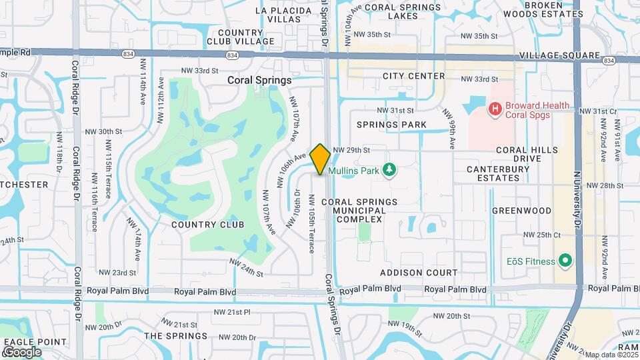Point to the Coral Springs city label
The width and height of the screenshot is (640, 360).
(x=260, y=80)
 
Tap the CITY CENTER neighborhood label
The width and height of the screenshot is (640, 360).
(x=413, y=76)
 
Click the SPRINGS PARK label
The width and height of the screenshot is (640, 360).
(x=391, y=125)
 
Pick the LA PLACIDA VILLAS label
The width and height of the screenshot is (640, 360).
(x=283, y=15)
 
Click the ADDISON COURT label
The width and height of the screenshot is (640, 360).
(x=419, y=273)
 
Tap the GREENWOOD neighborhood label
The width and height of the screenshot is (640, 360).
(x=521, y=211)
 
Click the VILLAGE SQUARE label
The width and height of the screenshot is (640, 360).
(x=549, y=55)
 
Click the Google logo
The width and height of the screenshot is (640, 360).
(x=22, y=351)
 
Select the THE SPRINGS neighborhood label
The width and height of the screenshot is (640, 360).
(x=176, y=336)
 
